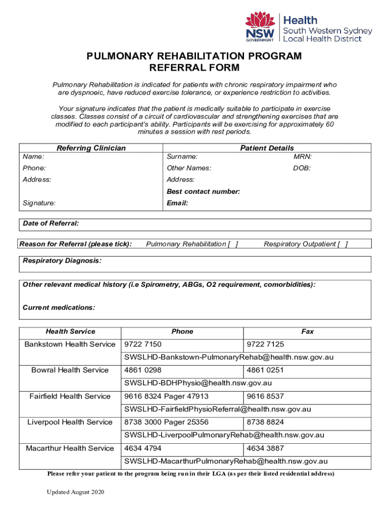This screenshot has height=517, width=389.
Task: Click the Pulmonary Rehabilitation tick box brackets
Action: (x=233, y=244)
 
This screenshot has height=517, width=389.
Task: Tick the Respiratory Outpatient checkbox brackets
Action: (x=343, y=244)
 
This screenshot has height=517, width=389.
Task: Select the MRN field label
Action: (x=303, y=157)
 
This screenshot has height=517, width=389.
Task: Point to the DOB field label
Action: (x=302, y=168)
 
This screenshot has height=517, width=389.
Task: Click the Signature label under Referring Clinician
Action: (x=39, y=203)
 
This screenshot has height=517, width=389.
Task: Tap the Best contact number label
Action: (x=203, y=192)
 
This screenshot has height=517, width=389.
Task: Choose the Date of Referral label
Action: (x=51, y=224)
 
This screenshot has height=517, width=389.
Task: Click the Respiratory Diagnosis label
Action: (x=62, y=261)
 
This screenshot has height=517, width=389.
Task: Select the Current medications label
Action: (x=59, y=307)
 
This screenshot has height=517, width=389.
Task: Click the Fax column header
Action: (x=307, y=332)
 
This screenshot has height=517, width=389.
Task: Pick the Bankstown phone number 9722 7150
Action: (x=143, y=344)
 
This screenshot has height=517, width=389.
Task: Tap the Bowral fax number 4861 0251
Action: (x=265, y=370)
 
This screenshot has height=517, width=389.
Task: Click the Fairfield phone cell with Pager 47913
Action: (x=166, y=396)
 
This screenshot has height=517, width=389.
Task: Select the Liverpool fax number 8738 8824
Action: (x=265, y=422)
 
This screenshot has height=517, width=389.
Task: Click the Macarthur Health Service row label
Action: (x=70, y=448)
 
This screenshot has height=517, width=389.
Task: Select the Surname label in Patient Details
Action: (x=182, y=157)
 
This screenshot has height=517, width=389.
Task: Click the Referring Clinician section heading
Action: (x=91, y=148)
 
